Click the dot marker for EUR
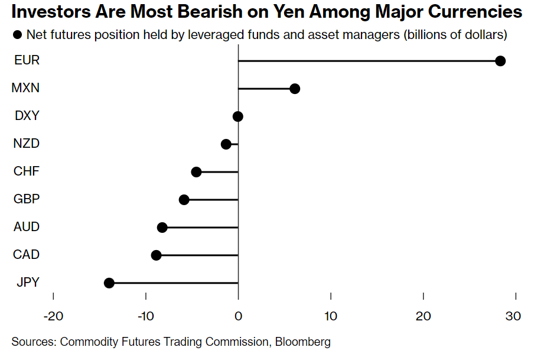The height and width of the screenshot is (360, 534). click(500, 61)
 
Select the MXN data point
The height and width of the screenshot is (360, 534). click(295, 89)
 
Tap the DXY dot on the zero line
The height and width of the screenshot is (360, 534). click(238, 116)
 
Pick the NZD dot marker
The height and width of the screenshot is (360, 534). click(226, 144)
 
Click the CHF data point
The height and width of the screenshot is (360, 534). click(196, 172)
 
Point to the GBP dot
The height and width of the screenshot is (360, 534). click(184, 200)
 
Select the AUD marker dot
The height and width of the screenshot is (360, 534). click(162, 228)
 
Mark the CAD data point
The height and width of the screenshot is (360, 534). click(156, 255)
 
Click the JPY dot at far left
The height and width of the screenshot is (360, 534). click(109, 283)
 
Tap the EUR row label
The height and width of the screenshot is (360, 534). click(27, 60)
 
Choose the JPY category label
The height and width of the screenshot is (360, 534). click(27, 283)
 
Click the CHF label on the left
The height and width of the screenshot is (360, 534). click(27, 171)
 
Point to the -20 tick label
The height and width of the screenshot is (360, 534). click(53, 316)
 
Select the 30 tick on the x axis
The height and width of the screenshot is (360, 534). click(513, 316)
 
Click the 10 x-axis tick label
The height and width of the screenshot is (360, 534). click(331, 316)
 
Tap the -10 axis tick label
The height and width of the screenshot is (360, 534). click(145, 316)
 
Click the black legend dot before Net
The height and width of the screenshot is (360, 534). click(17, 35)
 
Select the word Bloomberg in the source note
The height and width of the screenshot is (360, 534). click(301, 342)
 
